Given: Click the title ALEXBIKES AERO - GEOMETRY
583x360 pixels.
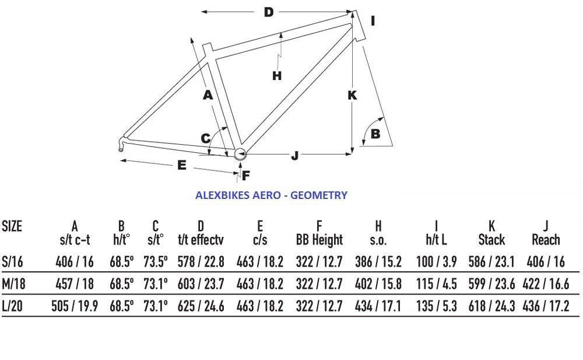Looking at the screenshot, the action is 272,195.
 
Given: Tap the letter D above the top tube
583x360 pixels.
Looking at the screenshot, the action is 268,12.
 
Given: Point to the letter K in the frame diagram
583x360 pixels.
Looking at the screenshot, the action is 352,95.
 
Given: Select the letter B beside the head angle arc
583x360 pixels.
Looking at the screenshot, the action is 375,134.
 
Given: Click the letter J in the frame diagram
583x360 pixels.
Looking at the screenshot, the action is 295,155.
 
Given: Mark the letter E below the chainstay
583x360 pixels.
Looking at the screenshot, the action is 181,165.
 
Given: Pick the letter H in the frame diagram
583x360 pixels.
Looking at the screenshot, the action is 277,76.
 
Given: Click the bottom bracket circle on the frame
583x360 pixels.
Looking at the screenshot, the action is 240,154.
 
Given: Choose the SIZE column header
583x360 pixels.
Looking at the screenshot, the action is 12,226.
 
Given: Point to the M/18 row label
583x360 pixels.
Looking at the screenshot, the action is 14,284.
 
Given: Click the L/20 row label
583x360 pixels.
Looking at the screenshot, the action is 12,306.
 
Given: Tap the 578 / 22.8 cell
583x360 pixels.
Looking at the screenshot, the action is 201,262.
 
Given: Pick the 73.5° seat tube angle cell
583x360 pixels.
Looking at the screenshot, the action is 156,262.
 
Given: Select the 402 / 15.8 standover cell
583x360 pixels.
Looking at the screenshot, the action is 378,284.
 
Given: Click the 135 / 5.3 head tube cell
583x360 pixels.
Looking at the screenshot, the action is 436,306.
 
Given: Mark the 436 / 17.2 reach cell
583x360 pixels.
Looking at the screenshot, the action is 546,306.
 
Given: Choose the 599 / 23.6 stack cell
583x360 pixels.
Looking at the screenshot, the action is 491,284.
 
